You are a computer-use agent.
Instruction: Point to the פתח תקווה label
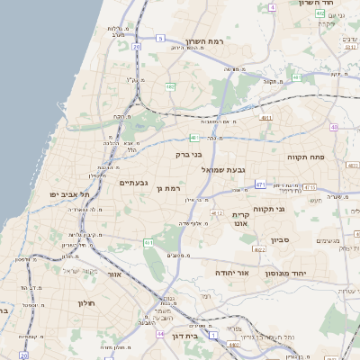(305, 157)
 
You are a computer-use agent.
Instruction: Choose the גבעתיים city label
(134, 183)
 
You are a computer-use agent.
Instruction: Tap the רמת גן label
(169, 188)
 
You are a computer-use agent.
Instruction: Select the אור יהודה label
(231, 271)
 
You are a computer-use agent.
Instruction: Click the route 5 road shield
(160, 39)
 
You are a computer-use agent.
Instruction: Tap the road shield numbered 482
(170, 86)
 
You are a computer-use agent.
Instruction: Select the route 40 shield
(333, 127)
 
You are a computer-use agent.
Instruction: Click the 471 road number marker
(259, 184)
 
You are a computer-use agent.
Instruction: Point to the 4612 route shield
(216, 213)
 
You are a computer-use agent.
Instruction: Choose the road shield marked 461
(148, 242)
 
